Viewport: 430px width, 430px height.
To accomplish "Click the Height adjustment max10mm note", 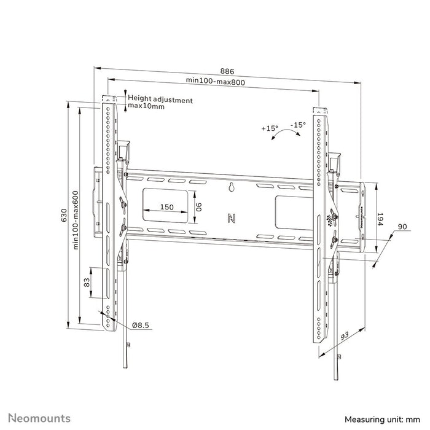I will point(160,103).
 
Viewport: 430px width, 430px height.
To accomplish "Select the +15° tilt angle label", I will point(269,128).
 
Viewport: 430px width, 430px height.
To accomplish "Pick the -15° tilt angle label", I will point(299,125).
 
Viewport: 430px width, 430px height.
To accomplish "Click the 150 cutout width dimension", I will point(166,207).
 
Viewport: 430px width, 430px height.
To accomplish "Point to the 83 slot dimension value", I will point(87,283).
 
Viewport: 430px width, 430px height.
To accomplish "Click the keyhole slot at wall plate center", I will point(232,188).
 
